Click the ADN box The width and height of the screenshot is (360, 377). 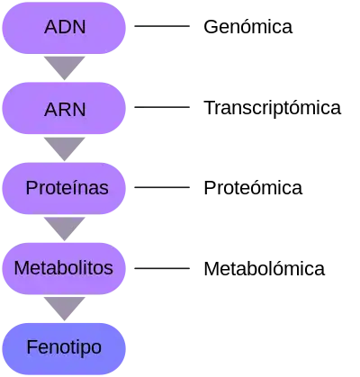coord(64,28)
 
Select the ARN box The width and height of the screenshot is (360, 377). coord(64,108)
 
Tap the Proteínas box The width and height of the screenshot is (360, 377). coord(64,188)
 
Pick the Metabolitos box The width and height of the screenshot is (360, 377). coord(64,268)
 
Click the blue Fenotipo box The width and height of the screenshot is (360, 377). coord(64,349)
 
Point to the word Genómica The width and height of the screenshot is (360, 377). coord(247,27)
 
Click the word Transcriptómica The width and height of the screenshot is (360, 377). coord(273,108)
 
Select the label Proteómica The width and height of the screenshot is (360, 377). coord(253,188)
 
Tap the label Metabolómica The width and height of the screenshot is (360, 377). coord(264,268)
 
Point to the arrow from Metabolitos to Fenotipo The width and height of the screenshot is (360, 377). coord(65,307)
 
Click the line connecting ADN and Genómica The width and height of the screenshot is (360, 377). coord(162,26)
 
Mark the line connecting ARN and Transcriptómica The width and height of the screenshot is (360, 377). coord(162,107)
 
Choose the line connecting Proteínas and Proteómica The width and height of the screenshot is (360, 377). coord(162,187)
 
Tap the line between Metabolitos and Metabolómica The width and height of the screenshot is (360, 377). coord(162,268)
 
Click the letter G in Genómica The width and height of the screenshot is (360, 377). coord(211,27)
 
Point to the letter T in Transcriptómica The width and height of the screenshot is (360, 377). coord(210,107)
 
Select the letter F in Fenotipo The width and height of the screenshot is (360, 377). coord(31,347)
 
